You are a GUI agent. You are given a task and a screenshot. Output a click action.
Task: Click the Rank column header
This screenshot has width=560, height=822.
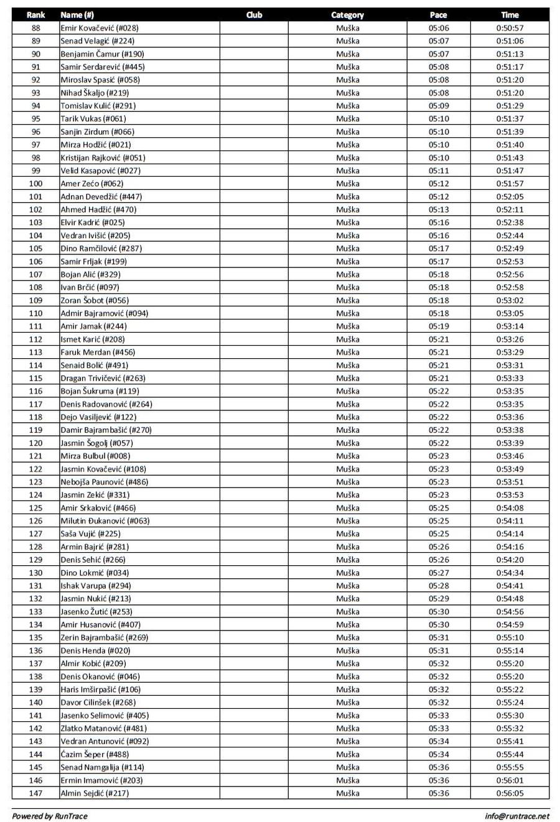tap(35, 15)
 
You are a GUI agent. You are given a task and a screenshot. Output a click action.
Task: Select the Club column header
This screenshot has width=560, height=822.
tap(254, 15)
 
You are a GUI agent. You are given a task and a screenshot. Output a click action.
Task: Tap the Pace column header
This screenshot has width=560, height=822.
tap(438, 15)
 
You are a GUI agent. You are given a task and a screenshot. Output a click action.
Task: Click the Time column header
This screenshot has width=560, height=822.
tap(510, 15)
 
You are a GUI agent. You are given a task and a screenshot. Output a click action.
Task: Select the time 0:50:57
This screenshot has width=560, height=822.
tap(510, 28)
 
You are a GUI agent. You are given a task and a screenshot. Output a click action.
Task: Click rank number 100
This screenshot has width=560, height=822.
tap(35, 183)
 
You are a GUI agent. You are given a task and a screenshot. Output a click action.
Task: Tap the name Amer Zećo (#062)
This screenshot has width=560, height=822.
tap(92, 183)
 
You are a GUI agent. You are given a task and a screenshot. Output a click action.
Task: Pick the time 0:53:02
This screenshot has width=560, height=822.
tap(510, 300)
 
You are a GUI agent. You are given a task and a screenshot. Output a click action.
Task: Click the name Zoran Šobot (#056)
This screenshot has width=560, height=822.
tap(95, 300)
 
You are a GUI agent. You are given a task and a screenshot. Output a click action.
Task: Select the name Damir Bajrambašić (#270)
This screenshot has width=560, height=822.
tap(106, 430)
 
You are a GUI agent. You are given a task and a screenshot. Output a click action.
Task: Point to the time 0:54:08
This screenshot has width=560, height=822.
tap(510, 507)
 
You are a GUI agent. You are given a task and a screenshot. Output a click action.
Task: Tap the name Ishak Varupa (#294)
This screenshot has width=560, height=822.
tap(96, 586)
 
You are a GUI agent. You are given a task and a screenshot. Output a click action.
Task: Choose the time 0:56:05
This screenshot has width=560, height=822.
tap(510, 793)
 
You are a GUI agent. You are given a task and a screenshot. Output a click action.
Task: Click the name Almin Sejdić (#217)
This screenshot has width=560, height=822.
tap(95, 793)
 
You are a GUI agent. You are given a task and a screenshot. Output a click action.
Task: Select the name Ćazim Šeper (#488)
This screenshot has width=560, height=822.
tap(95, 754)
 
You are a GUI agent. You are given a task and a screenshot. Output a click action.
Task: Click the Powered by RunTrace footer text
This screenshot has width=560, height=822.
tap(50, 816)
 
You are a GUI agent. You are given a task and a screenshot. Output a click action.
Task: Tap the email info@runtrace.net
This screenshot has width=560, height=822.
tap(517, 816)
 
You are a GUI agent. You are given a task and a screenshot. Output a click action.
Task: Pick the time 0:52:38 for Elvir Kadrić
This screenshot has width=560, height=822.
tap(510, 223)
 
